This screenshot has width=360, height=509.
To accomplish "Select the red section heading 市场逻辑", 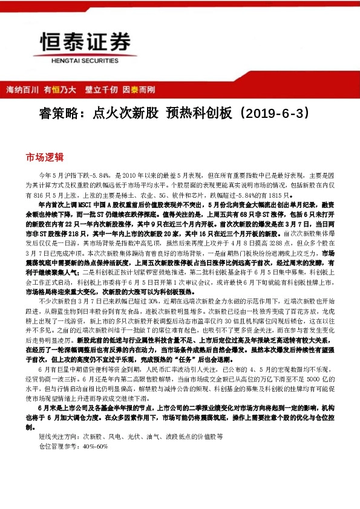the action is click(x=44, y=157).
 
